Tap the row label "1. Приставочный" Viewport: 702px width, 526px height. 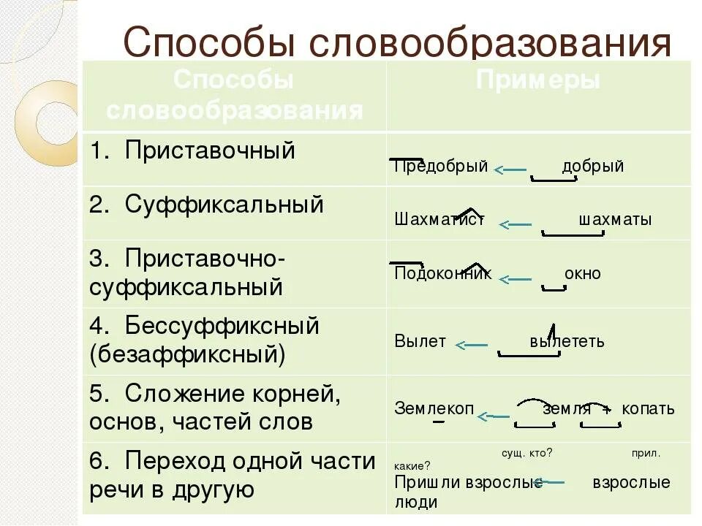(x=193, y=150)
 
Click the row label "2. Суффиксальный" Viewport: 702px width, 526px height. (x=207, y=205)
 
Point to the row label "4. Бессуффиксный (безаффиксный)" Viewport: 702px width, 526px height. (x=205, y=340)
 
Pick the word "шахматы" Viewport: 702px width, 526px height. (x=615, y=220)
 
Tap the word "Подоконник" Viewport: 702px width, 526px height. (x=443, y=274)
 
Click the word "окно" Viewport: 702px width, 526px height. (x=583, y=274)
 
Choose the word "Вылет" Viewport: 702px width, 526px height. (x=420, y=342)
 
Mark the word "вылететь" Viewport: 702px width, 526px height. (x=567, y=342)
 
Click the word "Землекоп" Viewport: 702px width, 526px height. (x=434, y=409)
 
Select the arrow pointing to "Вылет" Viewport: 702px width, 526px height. (x=472, y=345)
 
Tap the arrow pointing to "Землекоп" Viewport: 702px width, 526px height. (x=494, y=416)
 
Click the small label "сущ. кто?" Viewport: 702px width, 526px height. (x=526, y=453)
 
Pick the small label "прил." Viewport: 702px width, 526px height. (x=646, y=453)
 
